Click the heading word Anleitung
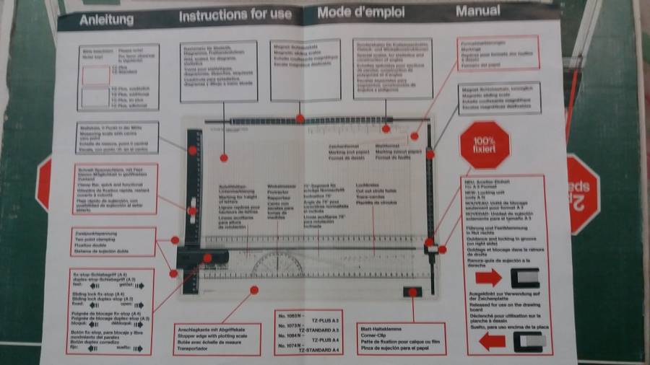108,17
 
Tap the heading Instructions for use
235,14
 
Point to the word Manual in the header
477,10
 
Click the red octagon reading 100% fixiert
485,144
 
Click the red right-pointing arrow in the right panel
489,277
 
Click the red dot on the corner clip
413,292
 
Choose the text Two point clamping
97,239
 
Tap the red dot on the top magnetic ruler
300,118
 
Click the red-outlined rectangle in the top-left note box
95,74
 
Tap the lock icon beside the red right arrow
525,277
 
